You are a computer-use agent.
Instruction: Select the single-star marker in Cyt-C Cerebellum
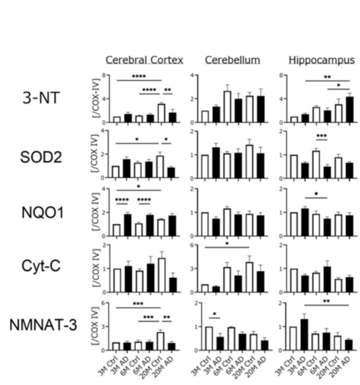click(x=227, y=242)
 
